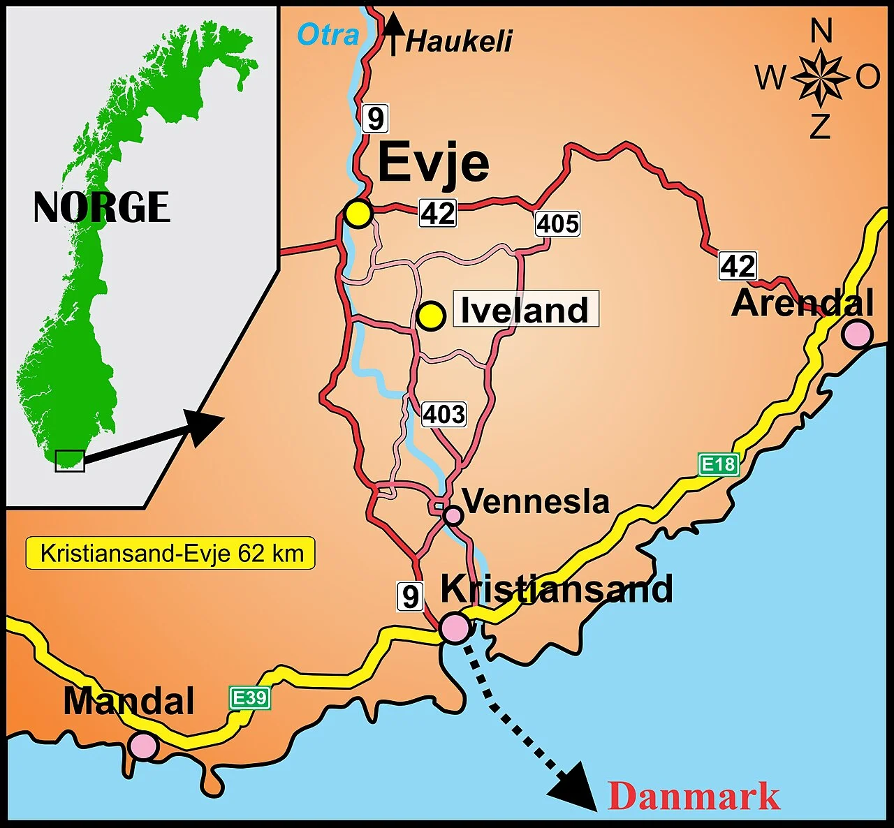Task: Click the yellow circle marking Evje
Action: (358, 214)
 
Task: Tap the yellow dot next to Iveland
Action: (431, 316)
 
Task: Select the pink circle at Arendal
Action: (857, 334)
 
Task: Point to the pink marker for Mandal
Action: (144, 746)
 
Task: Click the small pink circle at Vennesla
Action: (453, 516)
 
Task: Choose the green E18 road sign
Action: (719, 464)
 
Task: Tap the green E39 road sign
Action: (250, 697)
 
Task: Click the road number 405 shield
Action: (558, 224)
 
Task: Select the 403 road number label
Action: (444, 415)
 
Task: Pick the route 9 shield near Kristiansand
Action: (411, 596)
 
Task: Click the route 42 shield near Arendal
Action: (738, 266)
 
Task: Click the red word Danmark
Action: (694, 796)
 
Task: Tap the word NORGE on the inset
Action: (102, 207)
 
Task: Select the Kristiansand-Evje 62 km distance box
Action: (171, 554)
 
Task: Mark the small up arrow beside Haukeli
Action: (393, 34)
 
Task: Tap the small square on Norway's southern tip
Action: (70, 461)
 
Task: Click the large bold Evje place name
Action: (434, 163)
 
